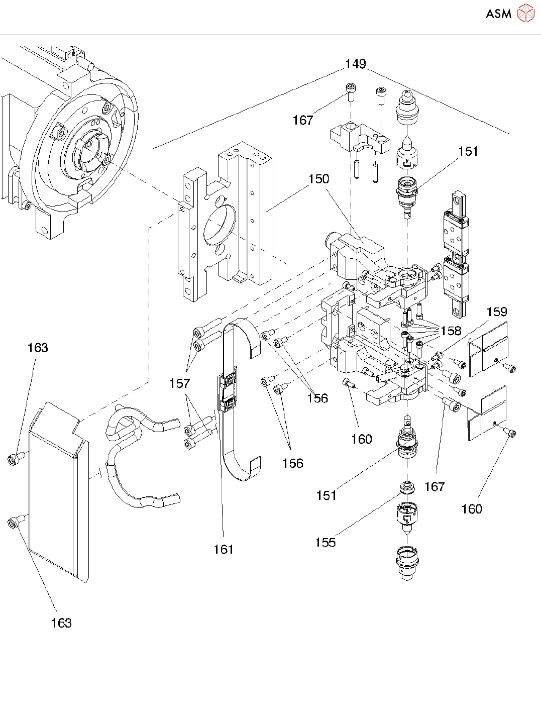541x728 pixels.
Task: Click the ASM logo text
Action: (498, 14)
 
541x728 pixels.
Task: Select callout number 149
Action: (355, 64)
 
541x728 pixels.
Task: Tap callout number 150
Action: (318, 179)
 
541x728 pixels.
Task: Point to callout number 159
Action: (497, 312)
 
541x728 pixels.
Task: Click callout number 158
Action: (451, 331)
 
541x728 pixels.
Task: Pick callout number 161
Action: (223, 550)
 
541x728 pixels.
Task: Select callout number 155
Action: (325, 543)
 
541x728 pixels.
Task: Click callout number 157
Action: (179, 384)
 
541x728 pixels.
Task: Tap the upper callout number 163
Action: (38, 348)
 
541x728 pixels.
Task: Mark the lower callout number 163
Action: (61, 623)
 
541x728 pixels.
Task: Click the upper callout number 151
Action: (468, 152)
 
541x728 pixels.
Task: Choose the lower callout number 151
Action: (326, 496)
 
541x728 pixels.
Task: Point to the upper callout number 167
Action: (303, 121)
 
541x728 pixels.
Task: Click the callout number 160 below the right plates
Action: (471, 509)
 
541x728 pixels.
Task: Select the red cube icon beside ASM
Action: (526, 14)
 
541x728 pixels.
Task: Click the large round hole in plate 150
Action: (220, 226)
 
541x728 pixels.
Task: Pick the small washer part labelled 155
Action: (406, 487)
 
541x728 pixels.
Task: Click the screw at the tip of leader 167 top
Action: (350, 90)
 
